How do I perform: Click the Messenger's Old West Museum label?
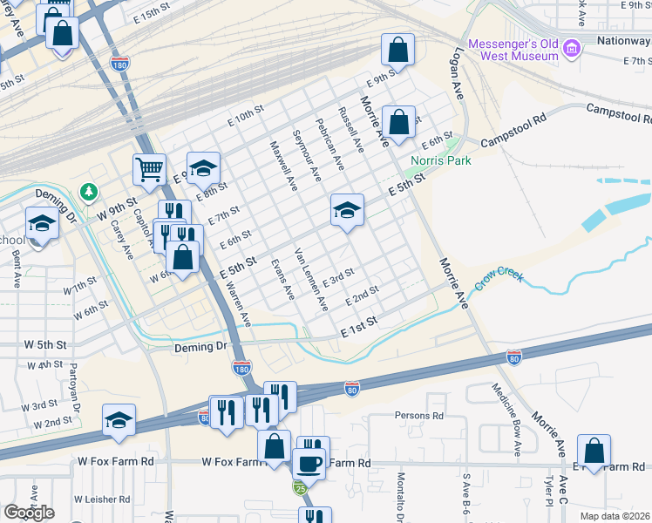(513, 50)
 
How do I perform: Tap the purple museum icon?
(572, 45)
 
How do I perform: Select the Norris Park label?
(436, 161)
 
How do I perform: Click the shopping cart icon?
(149, 169)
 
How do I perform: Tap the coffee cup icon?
(309, 462)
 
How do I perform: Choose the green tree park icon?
(87, 190)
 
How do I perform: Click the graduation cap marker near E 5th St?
(346, 209)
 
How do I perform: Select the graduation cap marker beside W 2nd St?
(119, 421)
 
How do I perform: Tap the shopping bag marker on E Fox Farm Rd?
(594, 451)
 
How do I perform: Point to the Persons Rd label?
(419, 416)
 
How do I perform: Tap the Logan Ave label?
(456, 71)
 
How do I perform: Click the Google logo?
(29, 513)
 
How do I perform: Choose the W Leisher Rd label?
(102, 499)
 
